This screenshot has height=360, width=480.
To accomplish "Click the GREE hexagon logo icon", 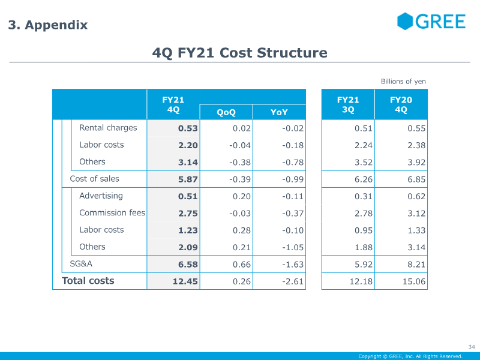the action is click(x=405, y=21).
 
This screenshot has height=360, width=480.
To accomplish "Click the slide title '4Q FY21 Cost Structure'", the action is click(x=239, y=53).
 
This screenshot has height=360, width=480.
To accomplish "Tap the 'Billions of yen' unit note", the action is click(x=403, y=82).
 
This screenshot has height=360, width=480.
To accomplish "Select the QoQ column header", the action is click(x=226, y=112).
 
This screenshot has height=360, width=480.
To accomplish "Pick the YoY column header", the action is click(x=279, y=112).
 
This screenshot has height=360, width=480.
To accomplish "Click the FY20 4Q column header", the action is click(x=401, y=104).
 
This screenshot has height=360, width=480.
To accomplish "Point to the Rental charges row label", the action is click(x=108, y=128).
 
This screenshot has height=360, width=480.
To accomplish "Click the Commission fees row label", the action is click(x=112, y=213).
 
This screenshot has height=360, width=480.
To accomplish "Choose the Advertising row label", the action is click(x=101, y=196).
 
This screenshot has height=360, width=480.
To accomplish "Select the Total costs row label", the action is click(x=88, y=281).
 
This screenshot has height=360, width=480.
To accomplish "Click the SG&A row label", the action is click(x=81, y=264).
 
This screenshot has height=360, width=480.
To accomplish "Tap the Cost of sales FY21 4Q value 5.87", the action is click(x=188, y=179).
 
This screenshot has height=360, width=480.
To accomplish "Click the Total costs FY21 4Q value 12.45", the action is click(x=185, y=281).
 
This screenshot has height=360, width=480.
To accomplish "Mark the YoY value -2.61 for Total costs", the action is click(x=293, y=281).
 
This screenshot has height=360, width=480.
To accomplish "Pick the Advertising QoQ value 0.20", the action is click(x=242, y=196).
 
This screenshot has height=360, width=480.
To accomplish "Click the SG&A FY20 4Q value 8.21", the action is click(x=416, y=265).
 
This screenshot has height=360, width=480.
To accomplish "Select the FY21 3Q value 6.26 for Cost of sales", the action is click(x=364, y=179).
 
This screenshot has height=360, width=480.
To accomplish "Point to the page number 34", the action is click(x=472, y=347).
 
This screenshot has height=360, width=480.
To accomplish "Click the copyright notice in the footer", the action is click(x=410, y=356).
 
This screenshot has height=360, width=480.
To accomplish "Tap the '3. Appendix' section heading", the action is click(x=48, y=25).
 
